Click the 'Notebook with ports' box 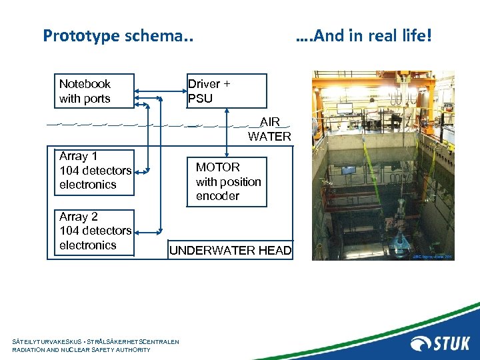click(93, 91)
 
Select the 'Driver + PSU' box click(227, 91)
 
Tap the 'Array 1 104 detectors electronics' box click(93, 171)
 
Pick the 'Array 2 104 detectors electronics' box click(93, 231)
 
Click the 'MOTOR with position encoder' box click(228, 181)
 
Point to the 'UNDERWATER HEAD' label click(230, 251)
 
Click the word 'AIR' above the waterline click(270, 123)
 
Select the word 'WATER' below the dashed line click(269, 137)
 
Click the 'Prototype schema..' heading click(117, 35)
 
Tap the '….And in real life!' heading click(363, 35)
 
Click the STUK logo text click(452, 343)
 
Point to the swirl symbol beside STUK click(421, 343)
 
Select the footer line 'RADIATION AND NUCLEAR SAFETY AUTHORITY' click(81, 350)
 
